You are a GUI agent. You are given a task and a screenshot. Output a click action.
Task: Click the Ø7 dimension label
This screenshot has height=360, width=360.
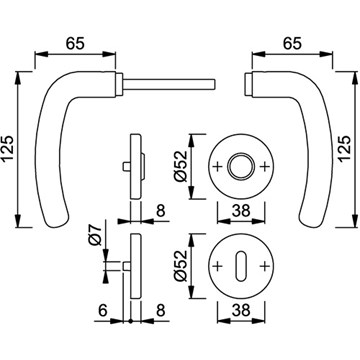[96, 235]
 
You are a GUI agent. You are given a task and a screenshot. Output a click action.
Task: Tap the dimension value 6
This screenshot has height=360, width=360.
[103, 311]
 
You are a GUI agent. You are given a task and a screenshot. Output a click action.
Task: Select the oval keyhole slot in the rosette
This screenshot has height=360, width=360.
[241, 266]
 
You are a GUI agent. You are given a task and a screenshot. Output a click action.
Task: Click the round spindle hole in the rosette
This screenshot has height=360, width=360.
[241, 166]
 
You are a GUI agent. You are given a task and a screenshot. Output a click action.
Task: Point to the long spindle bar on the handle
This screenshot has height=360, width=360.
[169, 85]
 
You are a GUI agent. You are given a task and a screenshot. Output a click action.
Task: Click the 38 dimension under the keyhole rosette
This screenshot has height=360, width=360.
[241, 311]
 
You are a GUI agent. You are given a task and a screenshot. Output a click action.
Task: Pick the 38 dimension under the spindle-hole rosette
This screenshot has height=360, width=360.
[241, 210]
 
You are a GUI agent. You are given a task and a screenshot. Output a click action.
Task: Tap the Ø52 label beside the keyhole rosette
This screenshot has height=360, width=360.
[181, 266]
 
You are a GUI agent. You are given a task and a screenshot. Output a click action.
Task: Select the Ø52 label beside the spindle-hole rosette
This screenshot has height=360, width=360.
[181, 166]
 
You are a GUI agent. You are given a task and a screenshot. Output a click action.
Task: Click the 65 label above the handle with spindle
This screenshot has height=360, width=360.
[75, 44]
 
